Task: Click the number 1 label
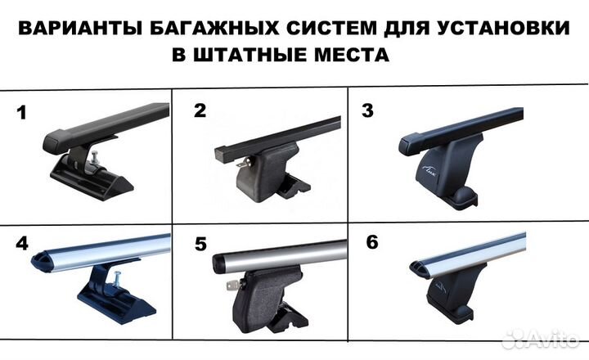(x=22, y=114)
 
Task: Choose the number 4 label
(x=21, y=244)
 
